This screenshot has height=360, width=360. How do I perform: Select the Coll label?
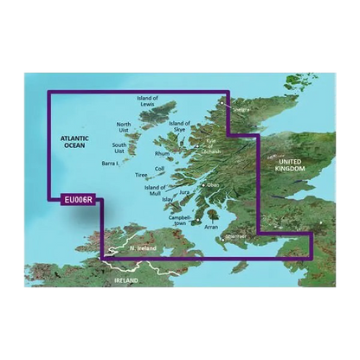pos(158,169)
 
